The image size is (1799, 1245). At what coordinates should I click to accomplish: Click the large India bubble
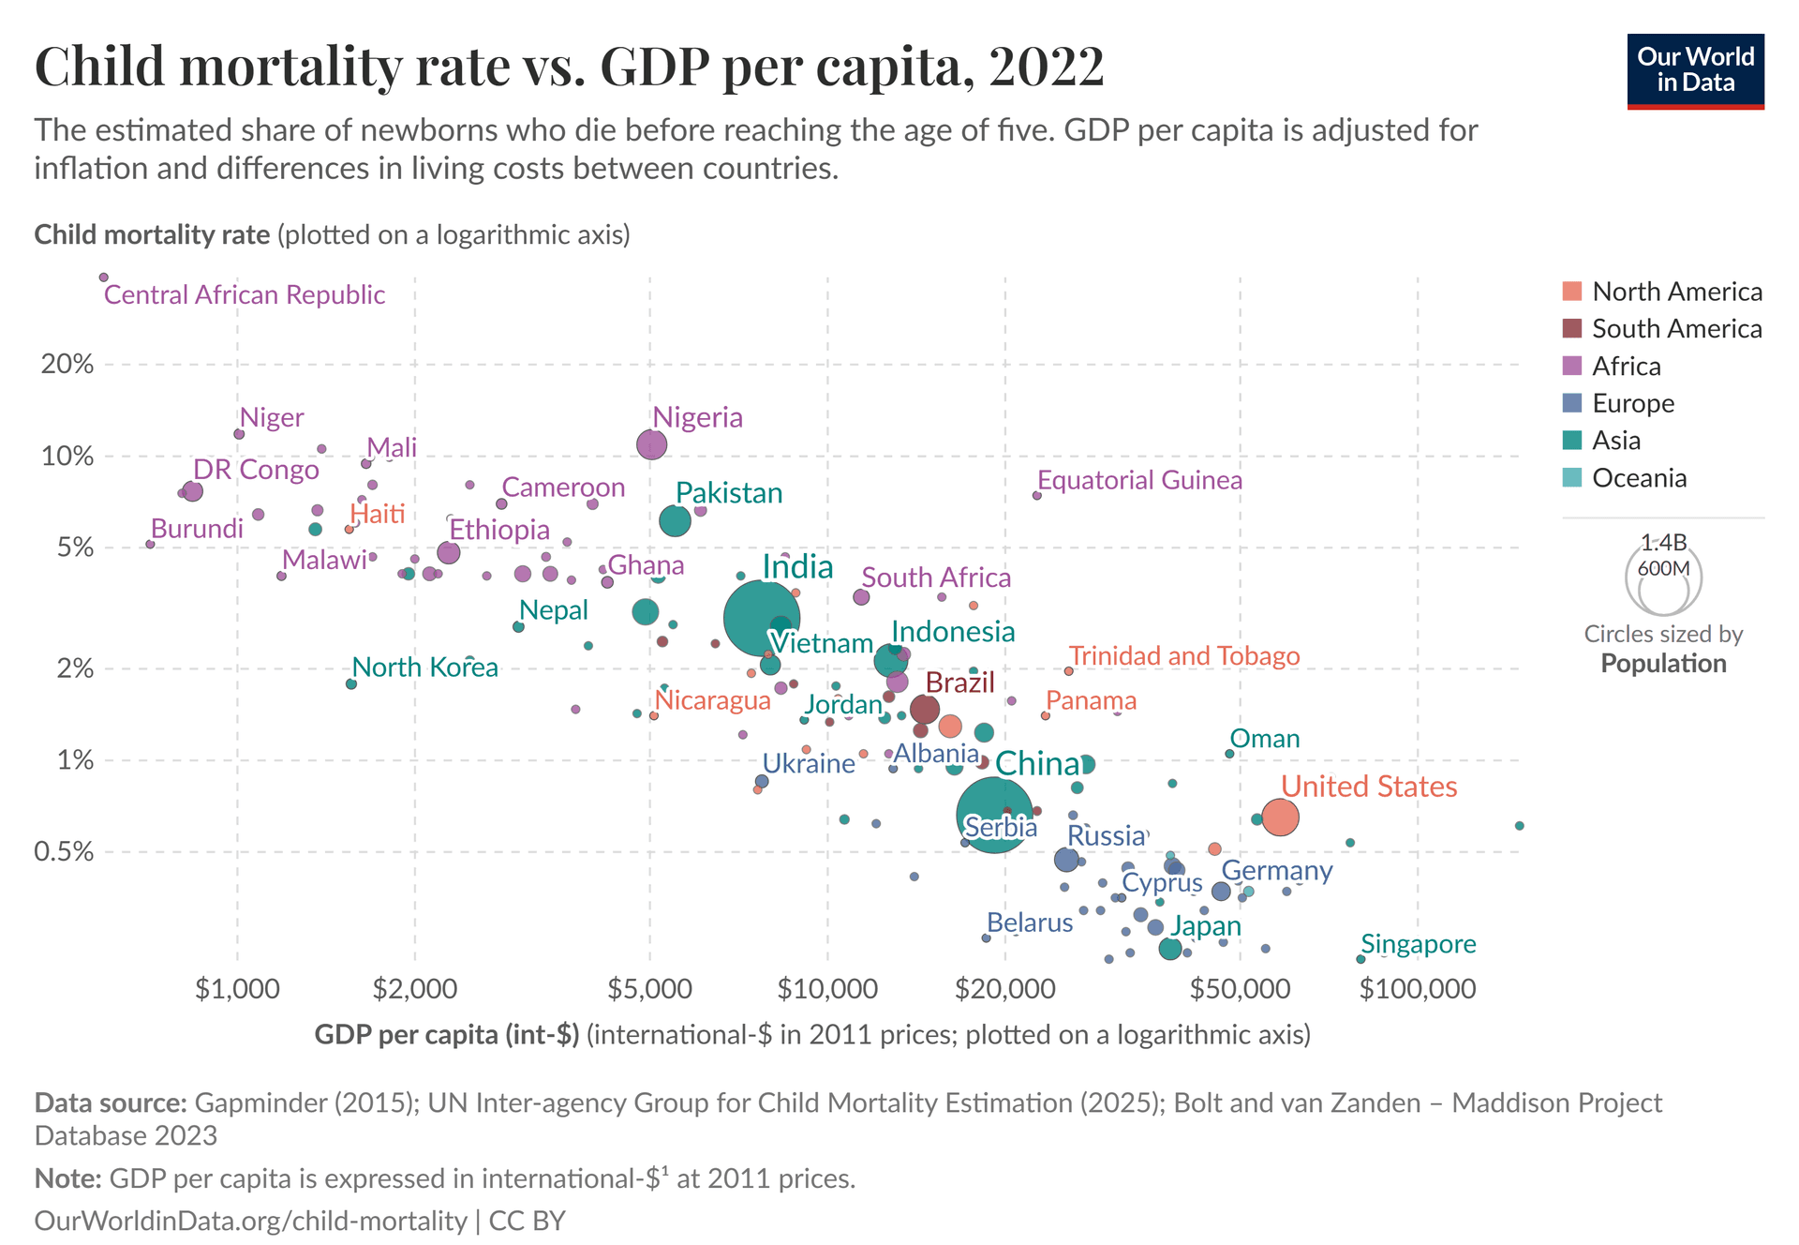[x=761, y=619]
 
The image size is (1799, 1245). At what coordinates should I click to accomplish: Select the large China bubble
[x=995, y=815]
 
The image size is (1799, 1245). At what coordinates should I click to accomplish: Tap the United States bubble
[x=1280, y=817]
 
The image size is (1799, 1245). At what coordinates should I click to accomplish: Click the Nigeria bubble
[x=651, y=444]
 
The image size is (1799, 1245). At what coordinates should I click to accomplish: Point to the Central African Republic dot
[x=104, y=277]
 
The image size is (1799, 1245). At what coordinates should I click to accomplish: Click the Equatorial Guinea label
[x=1139, y=481]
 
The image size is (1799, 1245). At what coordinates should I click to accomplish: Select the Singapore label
[x=1418, y=944]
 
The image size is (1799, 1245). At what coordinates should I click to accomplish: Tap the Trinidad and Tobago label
[x=1184, y=656]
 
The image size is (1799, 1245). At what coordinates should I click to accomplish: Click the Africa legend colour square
[x=1572, y=367]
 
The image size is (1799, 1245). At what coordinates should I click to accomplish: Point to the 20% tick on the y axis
[x=67, y=365]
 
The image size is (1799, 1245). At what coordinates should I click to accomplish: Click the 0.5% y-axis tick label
[x=64, y=852]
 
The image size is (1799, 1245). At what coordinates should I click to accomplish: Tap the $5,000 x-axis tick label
[x=649, y=989]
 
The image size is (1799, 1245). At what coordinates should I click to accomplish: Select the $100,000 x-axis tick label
[x=1417, y=989]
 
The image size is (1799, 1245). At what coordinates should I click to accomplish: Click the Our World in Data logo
[x=1695, y=71]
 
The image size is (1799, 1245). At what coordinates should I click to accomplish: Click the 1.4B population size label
[x=1663, y=543]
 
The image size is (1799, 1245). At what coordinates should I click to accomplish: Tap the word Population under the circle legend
[x=1663, y=664]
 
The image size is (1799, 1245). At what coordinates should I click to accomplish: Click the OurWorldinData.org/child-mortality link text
[x=250, y=1221]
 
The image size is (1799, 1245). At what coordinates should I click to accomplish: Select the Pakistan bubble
[x=675, y=520]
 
